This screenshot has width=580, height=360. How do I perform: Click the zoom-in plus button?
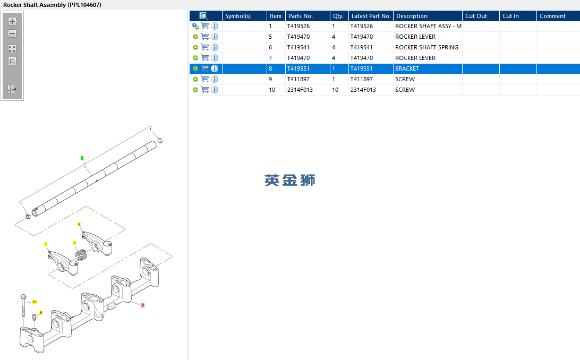tap(12, 21)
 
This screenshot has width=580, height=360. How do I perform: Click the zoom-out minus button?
tap(12, 33)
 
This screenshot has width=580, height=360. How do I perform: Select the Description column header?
tap(412, 16)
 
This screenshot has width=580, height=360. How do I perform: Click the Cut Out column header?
tap(476, 16)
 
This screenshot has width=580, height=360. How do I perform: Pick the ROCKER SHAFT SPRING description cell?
tap(427, 47)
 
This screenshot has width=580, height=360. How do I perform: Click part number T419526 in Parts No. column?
tap(298, 26)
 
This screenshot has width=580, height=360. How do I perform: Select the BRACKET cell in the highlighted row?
tap(407, 68)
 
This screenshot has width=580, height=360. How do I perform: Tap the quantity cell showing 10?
tap(335, 90)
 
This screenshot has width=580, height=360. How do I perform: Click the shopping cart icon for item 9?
tap(205, 79)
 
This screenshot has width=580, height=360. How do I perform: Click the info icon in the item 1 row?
tap(215, 26)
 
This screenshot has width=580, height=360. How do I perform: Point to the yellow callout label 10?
tap(35, 302)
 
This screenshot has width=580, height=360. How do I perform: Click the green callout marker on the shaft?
tap(82, 158)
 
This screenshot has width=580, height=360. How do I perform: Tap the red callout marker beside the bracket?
tap(143, 305)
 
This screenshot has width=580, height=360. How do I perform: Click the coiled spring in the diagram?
tap(81, 255)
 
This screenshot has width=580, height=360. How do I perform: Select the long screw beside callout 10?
tap(23, 306)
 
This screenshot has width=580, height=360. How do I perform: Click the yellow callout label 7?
tap(46, 244)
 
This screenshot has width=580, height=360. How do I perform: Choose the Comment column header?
tap(552, 16)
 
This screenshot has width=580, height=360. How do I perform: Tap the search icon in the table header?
tap(203, 16)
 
